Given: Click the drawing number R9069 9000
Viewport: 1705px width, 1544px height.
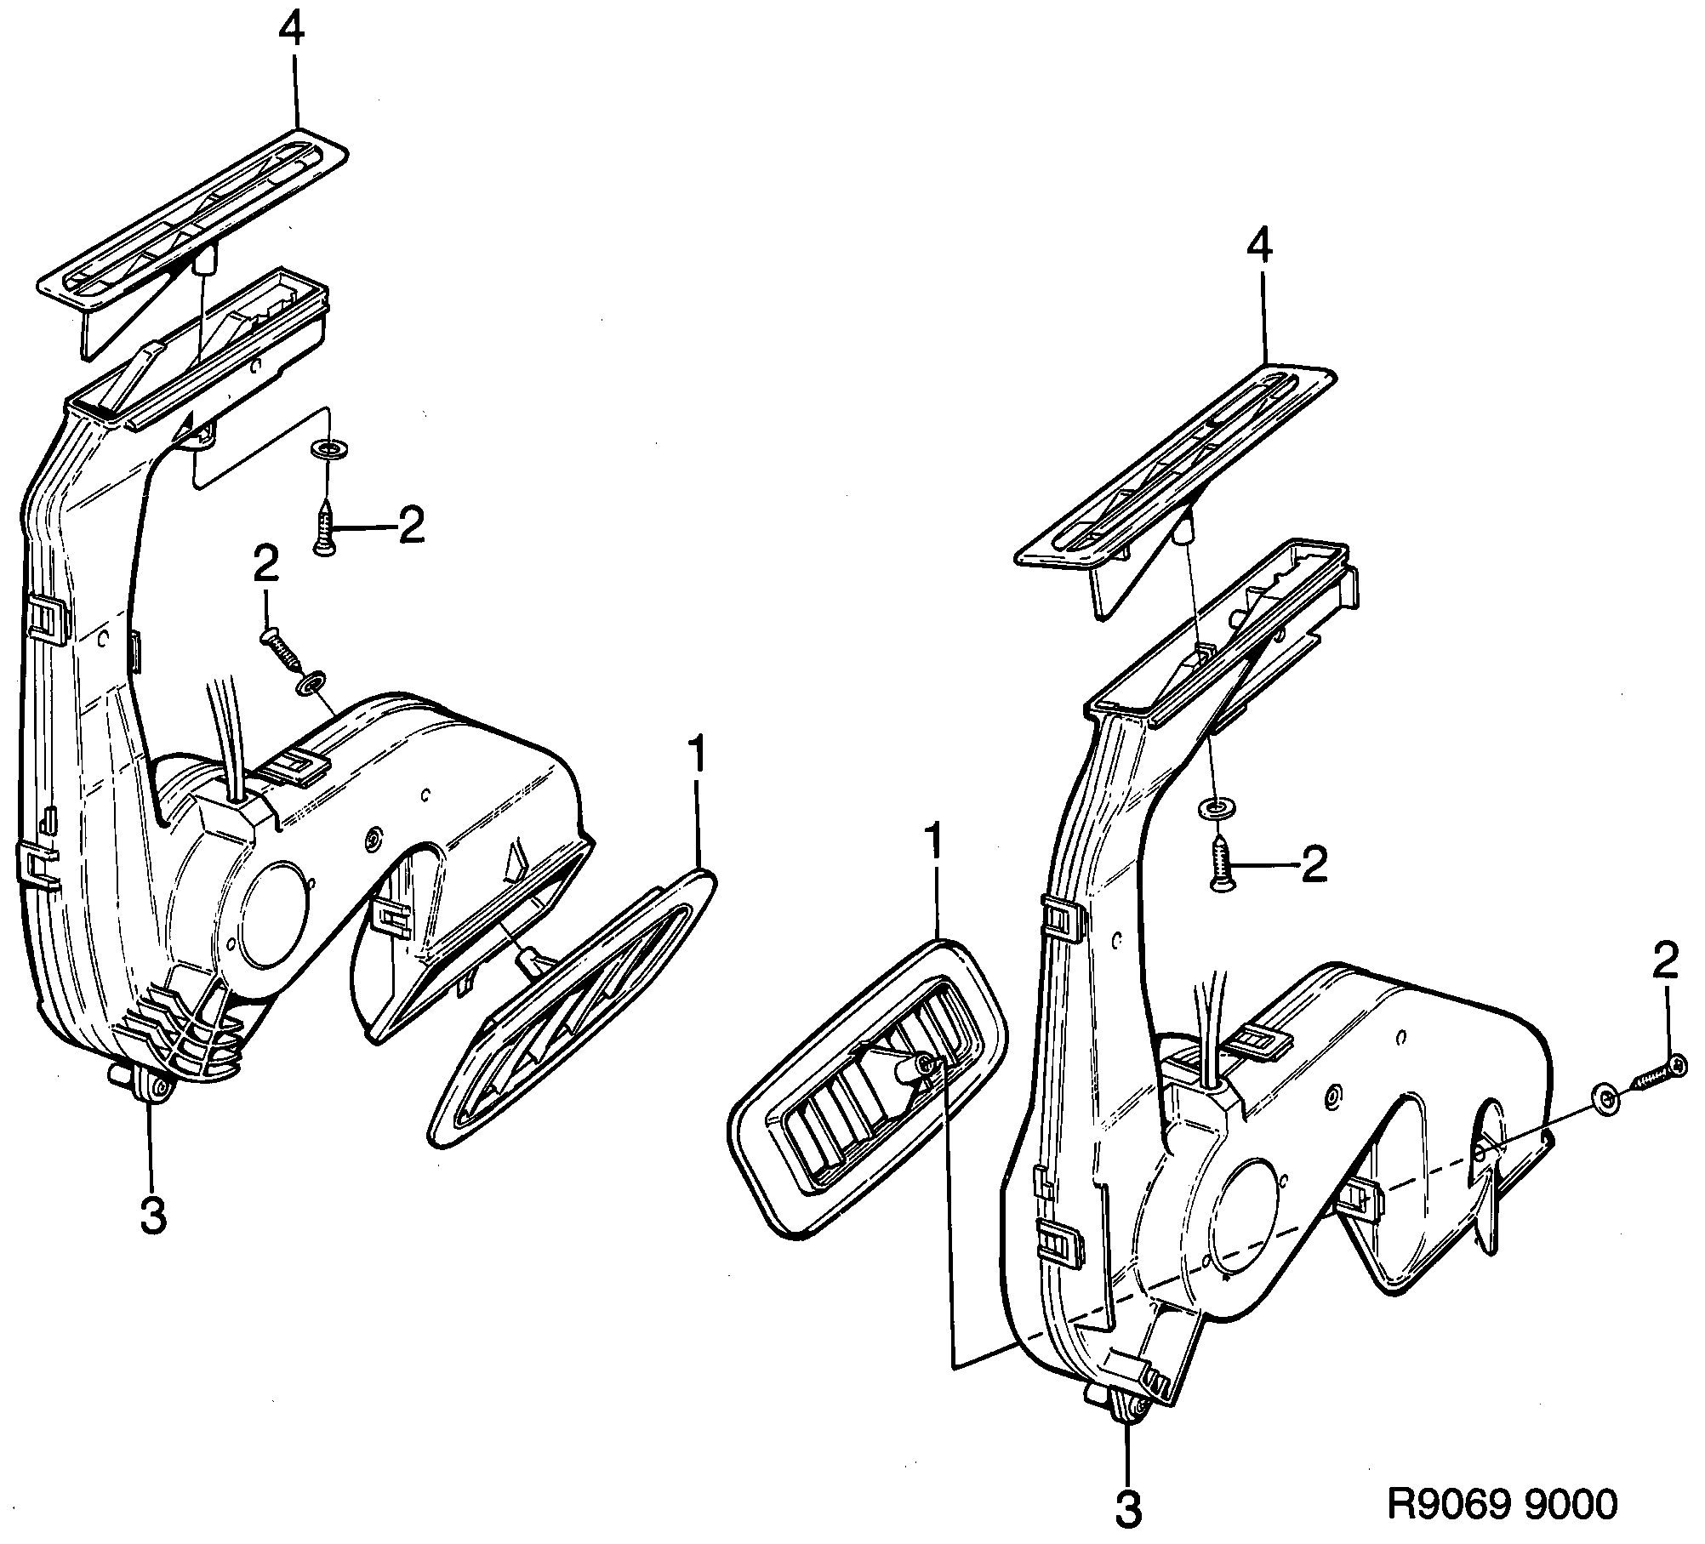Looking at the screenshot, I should click(x=1502, y=1503).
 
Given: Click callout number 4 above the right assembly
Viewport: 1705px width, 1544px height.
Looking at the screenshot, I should click(x=1260, y=248).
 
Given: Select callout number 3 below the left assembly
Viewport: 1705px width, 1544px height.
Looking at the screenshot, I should click(x=153, y=1218).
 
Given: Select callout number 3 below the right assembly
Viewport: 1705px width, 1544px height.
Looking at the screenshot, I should click(x=1129, y=1510).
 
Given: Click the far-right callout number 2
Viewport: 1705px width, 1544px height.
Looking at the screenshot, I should click(x=1665, y=963).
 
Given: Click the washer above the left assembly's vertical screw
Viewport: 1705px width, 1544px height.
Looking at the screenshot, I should click(x=324, y=448).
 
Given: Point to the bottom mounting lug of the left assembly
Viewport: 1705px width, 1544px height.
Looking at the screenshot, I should click(x=153, y=1088).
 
